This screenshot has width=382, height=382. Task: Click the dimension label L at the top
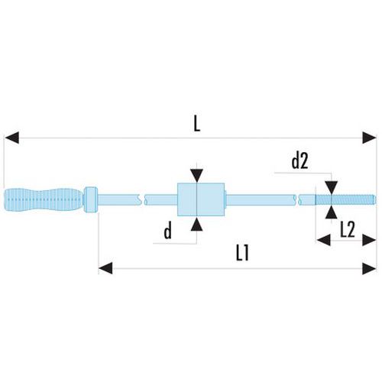197,125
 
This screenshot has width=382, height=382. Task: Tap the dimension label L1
242,254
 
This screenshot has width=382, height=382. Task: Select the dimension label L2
348,230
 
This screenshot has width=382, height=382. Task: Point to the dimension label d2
299,161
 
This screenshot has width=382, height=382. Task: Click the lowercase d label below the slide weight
168,231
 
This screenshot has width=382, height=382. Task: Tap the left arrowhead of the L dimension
11,138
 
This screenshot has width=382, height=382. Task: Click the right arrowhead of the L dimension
369,138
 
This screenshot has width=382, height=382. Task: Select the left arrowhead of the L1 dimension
105,268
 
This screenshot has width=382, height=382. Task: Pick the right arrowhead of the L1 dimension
369,268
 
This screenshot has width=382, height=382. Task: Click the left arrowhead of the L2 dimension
324,240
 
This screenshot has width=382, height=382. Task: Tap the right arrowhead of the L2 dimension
369,240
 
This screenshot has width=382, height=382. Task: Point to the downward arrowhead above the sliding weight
197,176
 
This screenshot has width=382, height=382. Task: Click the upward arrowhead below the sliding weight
197,224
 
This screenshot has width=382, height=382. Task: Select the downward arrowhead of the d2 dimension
332,187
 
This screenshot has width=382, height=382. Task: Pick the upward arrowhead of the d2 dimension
332,212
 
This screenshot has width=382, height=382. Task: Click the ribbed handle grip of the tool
44,199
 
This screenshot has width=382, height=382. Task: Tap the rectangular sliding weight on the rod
201,199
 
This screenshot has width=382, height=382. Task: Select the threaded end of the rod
345,199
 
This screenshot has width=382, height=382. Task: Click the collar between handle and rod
91,199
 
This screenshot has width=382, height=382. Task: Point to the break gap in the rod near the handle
143,199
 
